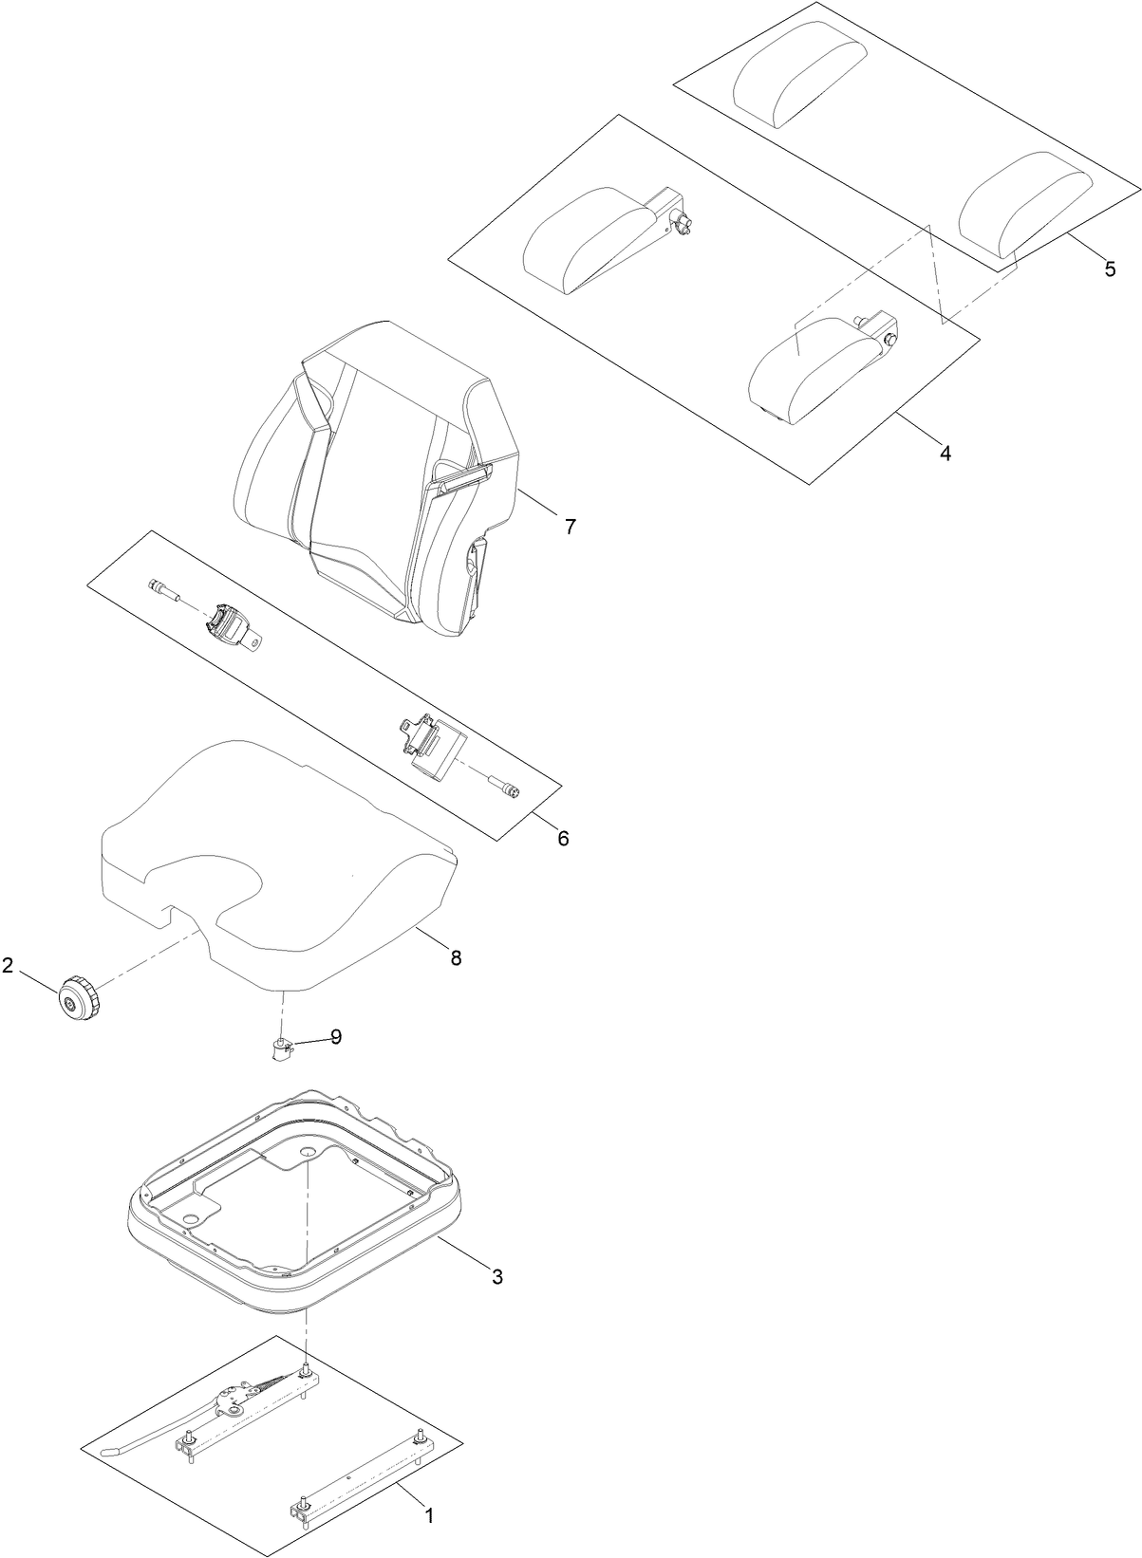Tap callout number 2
click(8, 966)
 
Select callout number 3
click(496, 1276)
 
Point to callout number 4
click(945, 453)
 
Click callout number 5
click(1110, 269)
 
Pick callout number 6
click(563, 838)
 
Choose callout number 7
click(570, 526)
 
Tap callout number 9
click(335, 1037)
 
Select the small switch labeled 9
click(280, 1049)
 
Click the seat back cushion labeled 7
click(380, 474)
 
